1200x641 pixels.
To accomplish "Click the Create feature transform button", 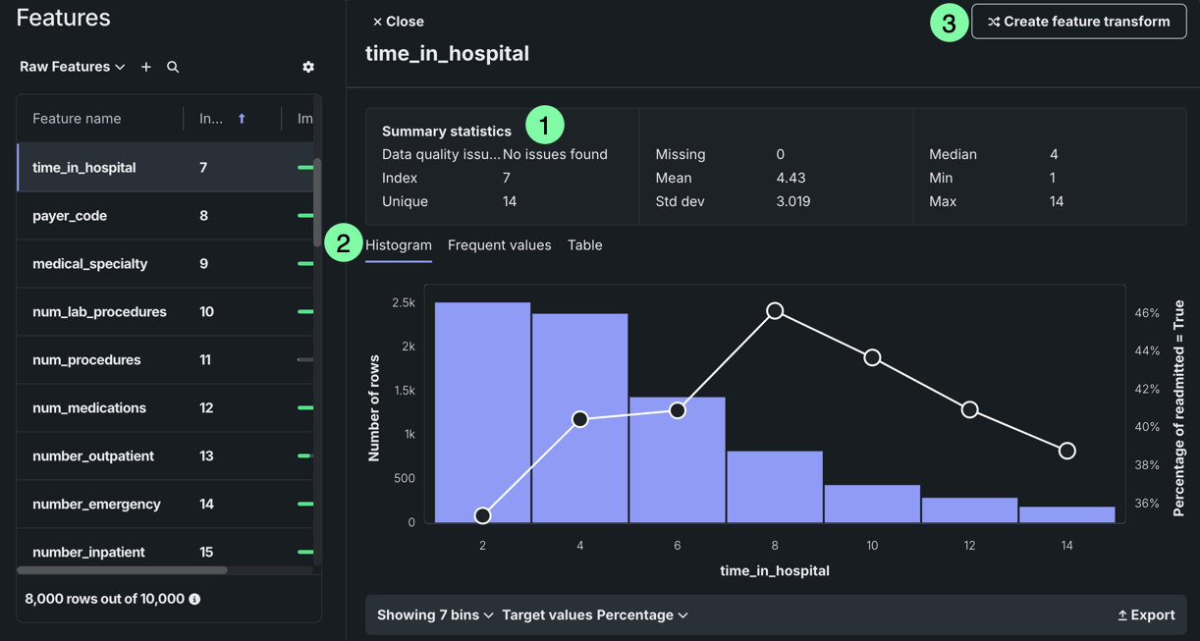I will pyautogui.click(x=1078, y=22).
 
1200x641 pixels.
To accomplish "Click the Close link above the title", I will pyautogui.click(x=399, y=22).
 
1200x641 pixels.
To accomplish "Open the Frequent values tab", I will pyautogui.click(x=499, y=245).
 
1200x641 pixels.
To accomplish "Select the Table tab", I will pyautogui.click(x=584, y=245).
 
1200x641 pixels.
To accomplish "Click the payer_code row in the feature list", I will pyautogui.click(x=70, y=216).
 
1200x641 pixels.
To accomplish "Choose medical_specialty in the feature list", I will pyautogui.click(x=89, y=264).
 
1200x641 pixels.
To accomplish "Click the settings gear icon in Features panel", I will pyautogui.click(x=308, y=67).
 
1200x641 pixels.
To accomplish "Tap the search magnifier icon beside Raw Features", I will pyautogui.click(x=173, y=67).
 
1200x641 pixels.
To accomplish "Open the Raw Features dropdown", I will pyautogui.click(x=73, y=67).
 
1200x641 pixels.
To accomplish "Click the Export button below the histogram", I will pyautogui.click(x=1146, y=615).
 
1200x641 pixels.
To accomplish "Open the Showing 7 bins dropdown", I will pyautogui.click(x=435, y=615).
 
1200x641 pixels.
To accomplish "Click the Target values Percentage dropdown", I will pyautogui.click(x=595, y=615).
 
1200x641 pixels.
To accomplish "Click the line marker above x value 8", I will pyautogui.click(x=775, y=311).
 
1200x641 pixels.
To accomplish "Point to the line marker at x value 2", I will pyautogui.click(x=482, y=515).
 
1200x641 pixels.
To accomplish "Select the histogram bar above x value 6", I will pyautogui.click(x=677, y=461).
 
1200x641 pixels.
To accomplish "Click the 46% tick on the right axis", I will pyautogui.click(x=1147, y=313).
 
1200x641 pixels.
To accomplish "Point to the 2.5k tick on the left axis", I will pyautogui.click(x=404, y=303).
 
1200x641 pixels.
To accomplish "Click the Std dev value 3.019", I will pyautogui.click(x=793, y=201).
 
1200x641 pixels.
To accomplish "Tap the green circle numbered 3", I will pyautogui.click(x=949, y=24).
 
